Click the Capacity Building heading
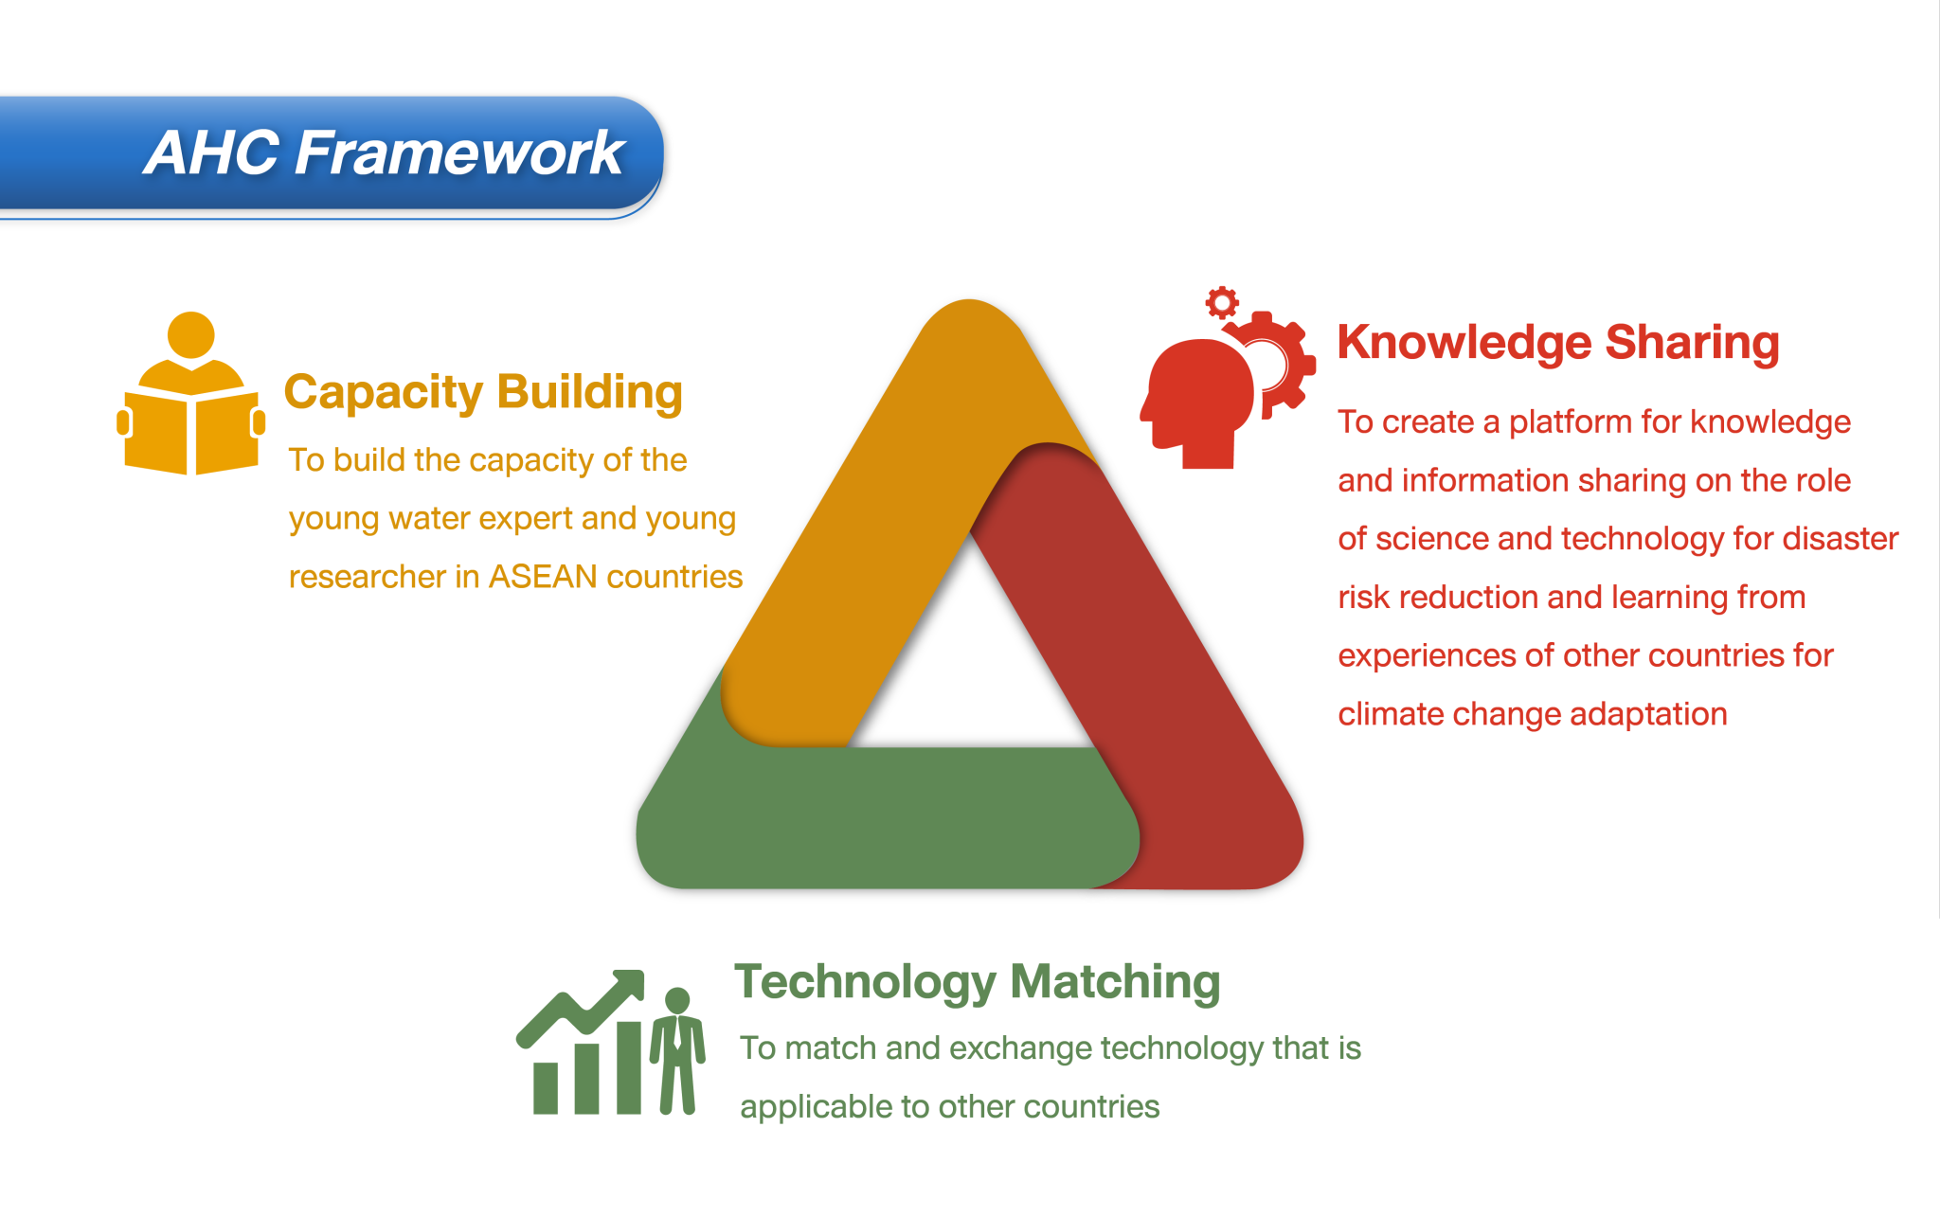[483, 392]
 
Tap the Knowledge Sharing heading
[1558, 342]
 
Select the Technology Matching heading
[977, 981]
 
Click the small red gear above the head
[1222, 303]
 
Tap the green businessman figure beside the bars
[677, 1051]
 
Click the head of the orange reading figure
[190, 334]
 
